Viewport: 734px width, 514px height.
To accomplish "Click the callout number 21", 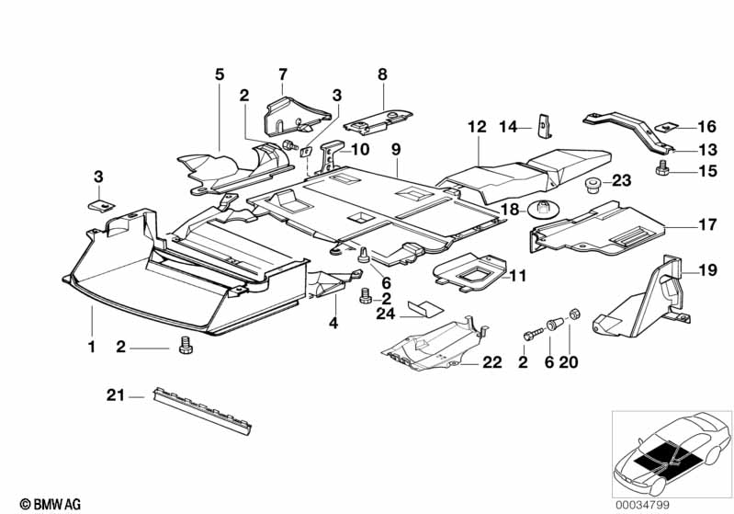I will coord(114,396).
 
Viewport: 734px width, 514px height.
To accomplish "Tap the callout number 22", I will coord(492,363).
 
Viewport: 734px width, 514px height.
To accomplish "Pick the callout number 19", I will coord(706,270).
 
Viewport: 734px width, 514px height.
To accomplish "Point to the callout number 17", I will coord(706,223).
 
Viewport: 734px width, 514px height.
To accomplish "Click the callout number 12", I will coord(475,126).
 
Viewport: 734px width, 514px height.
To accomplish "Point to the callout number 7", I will coord(282,73).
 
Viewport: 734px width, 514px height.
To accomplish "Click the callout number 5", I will coord(220,73).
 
